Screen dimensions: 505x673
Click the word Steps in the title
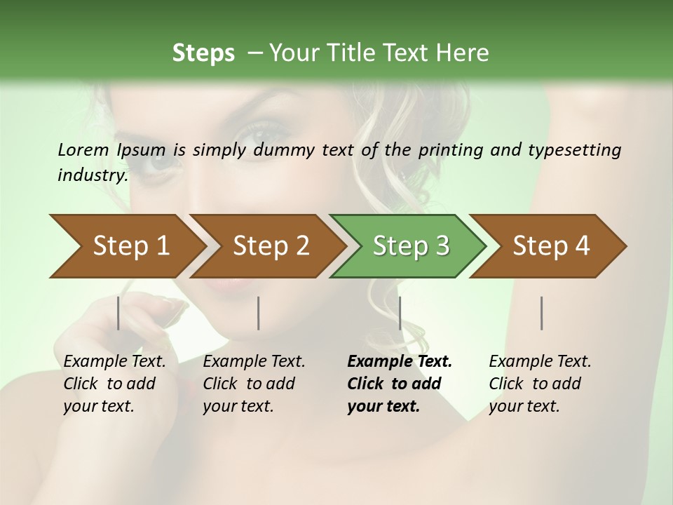(x=203, y=53)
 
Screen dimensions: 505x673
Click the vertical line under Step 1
(x=118, y=313)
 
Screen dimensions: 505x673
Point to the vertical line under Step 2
(x=259, y=313)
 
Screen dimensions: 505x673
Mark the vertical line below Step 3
(x=400, y=313)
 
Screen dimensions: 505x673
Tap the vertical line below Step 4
(x=542, y=313)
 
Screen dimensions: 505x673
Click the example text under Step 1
(x=114, y=384)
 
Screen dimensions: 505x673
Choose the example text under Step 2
(x=253, y=384)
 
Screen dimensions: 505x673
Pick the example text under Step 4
(x=539, y=384)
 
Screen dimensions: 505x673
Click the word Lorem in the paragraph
(x=83, y=149)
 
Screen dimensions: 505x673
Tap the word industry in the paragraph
(x=92, y=175)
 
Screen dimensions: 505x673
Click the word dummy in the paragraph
(x=285, y=150)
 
